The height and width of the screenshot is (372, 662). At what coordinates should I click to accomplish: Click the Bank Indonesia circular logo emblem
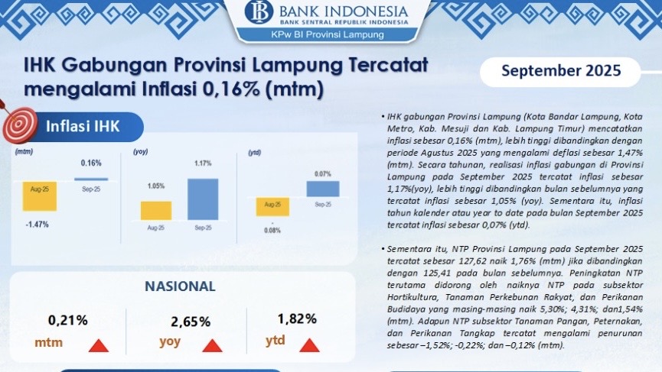tap(259, 11)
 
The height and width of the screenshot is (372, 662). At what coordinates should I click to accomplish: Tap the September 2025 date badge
tap(561, 71)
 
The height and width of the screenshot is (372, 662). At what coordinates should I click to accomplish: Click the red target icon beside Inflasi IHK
tap(20, 125)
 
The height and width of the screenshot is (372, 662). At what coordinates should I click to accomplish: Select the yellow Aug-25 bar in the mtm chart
tap(40, 196)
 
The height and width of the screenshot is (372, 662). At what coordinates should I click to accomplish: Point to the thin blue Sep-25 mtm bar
tap(91, 180)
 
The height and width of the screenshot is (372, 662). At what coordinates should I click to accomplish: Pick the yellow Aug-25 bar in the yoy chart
tap(156, 211)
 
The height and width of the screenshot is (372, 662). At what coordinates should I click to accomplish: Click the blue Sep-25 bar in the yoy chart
tap(203, 199)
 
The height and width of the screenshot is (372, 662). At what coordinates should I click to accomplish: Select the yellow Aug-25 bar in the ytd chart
tap(272, 207)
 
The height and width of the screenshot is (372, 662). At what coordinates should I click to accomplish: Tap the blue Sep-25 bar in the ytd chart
tap(323, 189)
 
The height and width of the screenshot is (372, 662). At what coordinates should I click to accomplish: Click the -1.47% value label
tap(38, 225)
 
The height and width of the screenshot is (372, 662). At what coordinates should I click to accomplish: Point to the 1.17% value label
tap(203, 163)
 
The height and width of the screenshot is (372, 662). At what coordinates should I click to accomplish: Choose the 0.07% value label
tap(323, 174)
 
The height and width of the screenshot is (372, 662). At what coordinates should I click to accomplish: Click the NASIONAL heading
tap(181, 286)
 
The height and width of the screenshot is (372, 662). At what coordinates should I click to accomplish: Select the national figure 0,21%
tap(68, 321)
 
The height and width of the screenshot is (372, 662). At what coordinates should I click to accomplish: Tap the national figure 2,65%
tap(191, 322)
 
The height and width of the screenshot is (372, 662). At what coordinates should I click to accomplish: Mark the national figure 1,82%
tap(297, 319)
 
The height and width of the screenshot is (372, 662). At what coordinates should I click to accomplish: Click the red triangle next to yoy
tap(212, 345)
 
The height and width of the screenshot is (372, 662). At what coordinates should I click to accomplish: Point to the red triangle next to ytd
tap(309, 345)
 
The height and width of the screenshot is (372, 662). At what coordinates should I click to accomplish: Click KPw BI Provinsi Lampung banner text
tap(328, 35)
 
